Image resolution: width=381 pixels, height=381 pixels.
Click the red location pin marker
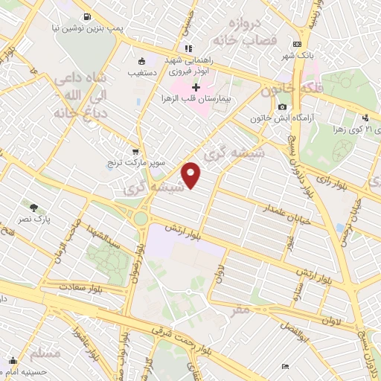tap(193, 176)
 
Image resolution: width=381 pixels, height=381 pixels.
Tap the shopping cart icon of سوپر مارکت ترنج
tap(134, 150)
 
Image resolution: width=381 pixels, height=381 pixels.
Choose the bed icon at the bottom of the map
tap(286, 367)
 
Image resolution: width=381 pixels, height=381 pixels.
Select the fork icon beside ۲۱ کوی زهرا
tap(365, 118)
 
